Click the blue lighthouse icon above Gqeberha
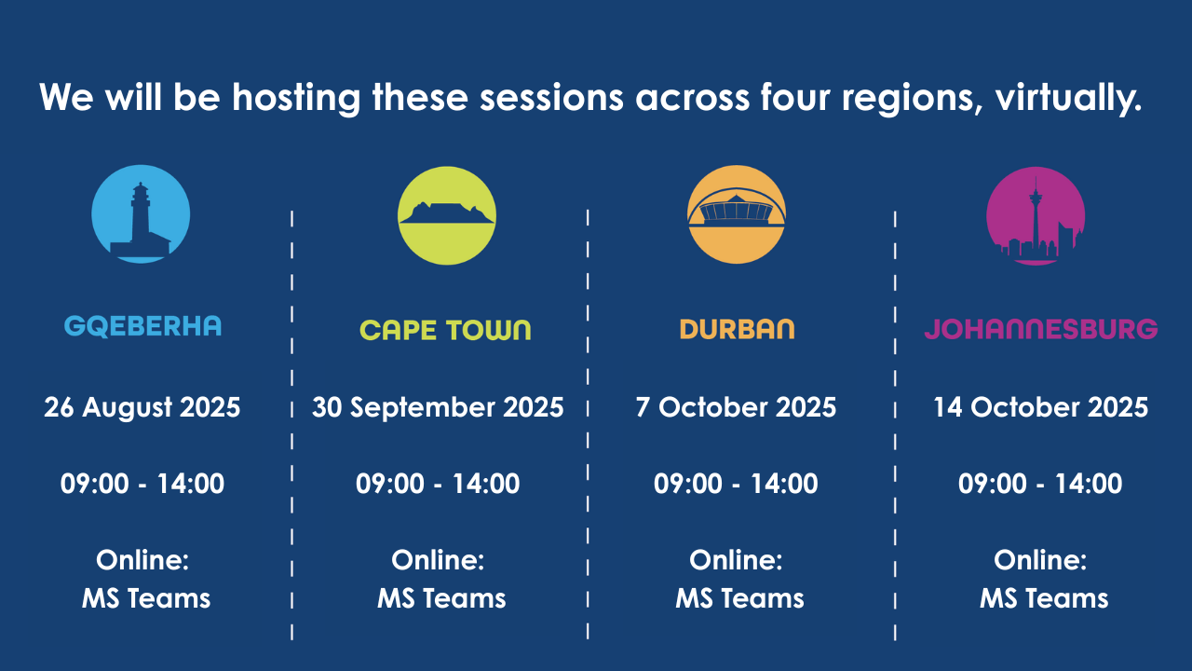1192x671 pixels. [x=141, y=214]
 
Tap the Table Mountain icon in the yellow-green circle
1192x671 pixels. [x=447, y=215]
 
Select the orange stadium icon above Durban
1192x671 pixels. [x=737, y=214]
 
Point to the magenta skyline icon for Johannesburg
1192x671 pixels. [x=1036, y=216]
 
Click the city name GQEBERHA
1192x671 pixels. [x=142, y=326]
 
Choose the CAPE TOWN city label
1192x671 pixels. [x=446, y=330]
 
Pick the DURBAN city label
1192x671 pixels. [x=737, y=329]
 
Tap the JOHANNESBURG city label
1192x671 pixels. [x=1041, y=329]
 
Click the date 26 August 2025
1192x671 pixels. [x=142, y=407]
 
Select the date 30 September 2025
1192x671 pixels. [x=438, y=408]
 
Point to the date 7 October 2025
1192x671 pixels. [x=736, y=407]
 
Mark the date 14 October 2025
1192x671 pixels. [x=1041, y=407]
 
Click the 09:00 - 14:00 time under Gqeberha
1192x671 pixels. [x=142, y=484]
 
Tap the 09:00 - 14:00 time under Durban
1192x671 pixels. [x=736, y=484]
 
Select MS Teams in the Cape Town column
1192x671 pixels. [x=441, y=598]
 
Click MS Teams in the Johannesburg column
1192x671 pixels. [x=1044, y=598]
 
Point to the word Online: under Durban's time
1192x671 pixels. [x=736, y=560]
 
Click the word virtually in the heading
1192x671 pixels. [x=1068, y=99]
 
